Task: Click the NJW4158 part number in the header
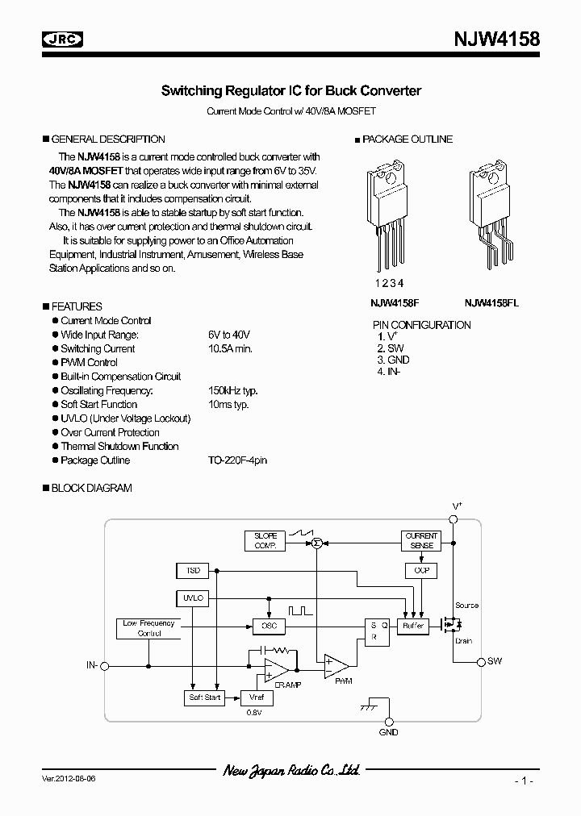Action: pos(495,38)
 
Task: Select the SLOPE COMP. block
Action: pos(265,541)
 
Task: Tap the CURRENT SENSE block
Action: pos(420,540)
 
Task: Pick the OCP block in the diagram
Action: pos(420,570)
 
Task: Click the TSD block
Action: pos(193,571)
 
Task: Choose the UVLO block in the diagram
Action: pos(193,598)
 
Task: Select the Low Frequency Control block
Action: pos(148,628)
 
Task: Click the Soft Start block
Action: pos(205,697)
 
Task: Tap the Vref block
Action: pos(257,697)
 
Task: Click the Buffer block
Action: pos(413,626)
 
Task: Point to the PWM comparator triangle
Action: pos(335,665)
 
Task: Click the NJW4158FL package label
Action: pos(491,303)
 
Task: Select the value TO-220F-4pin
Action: pos(237,460)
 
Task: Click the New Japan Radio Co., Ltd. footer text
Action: pos(290,772)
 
